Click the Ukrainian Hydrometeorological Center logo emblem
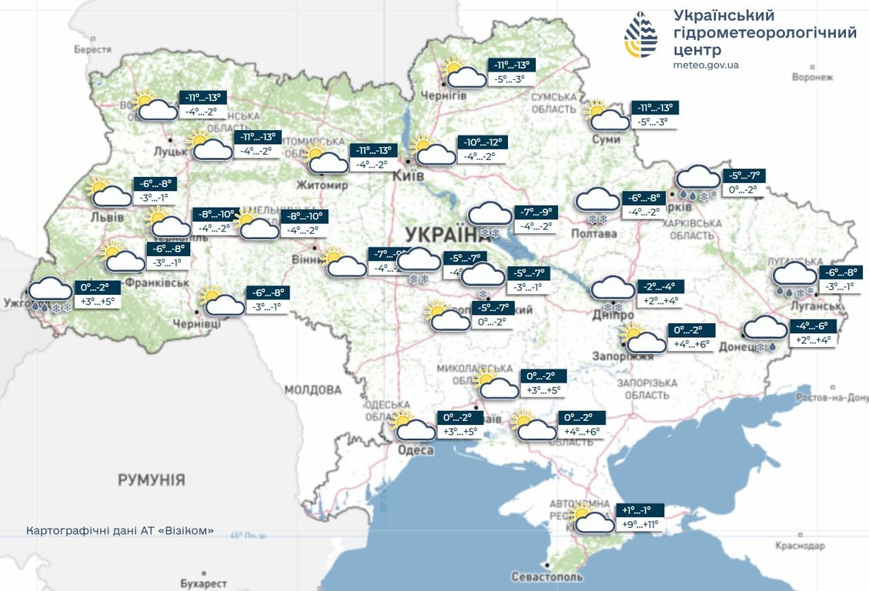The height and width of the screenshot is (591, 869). coord(640,35)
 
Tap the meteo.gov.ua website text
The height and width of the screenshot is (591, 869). coord(705,65)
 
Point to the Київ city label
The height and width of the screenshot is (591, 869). coord(408,175)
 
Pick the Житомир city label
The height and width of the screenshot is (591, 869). coord(323,185)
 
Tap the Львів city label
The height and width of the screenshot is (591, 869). coord(107,218)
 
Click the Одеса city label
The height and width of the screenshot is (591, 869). coord(416,450)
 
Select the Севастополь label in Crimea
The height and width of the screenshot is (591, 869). coord(547,576)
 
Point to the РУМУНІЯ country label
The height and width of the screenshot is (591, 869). coord(151,480)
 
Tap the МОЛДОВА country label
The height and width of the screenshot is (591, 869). coord(313,389)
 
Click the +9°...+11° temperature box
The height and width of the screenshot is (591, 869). coord(640,526)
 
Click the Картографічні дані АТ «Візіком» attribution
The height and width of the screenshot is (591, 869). coord(119,532)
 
